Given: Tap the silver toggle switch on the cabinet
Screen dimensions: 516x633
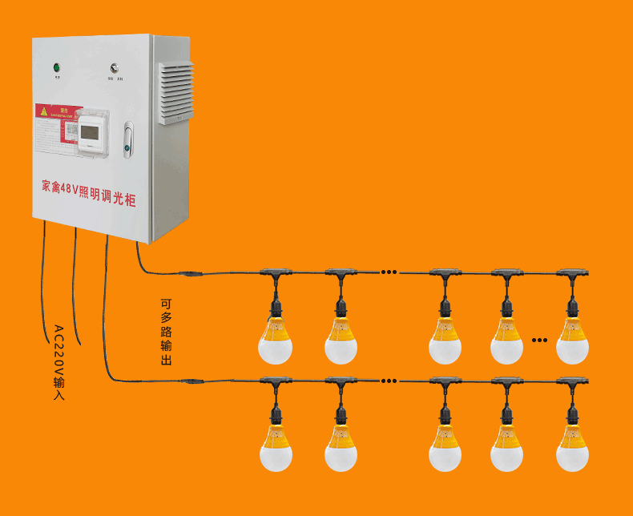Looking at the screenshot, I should click(115, 69).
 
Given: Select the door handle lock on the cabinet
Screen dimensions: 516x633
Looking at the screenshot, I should click(128, 139).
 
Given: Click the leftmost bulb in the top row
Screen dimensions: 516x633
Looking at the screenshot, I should click(275, 341).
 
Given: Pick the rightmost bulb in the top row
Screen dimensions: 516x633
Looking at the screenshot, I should click(572, 341).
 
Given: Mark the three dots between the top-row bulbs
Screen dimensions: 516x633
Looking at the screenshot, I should click(389, 272).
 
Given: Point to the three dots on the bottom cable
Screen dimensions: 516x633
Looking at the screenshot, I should click(389, 381).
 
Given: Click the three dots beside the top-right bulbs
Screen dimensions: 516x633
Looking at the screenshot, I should click(539, 340).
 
